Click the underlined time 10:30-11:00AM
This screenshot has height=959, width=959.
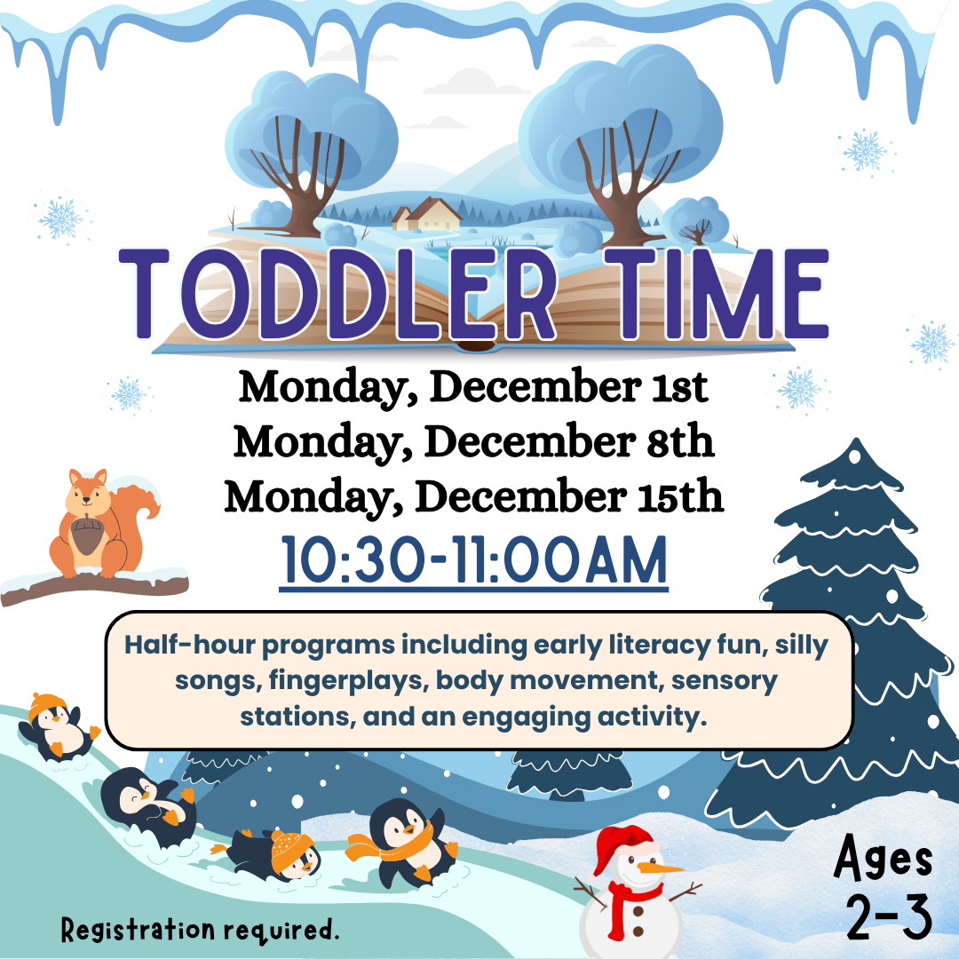coord(473,559)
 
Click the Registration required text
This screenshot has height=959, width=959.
coord(201,930)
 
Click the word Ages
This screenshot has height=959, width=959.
coord(884,860)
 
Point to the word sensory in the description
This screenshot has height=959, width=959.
coord(723,681)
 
